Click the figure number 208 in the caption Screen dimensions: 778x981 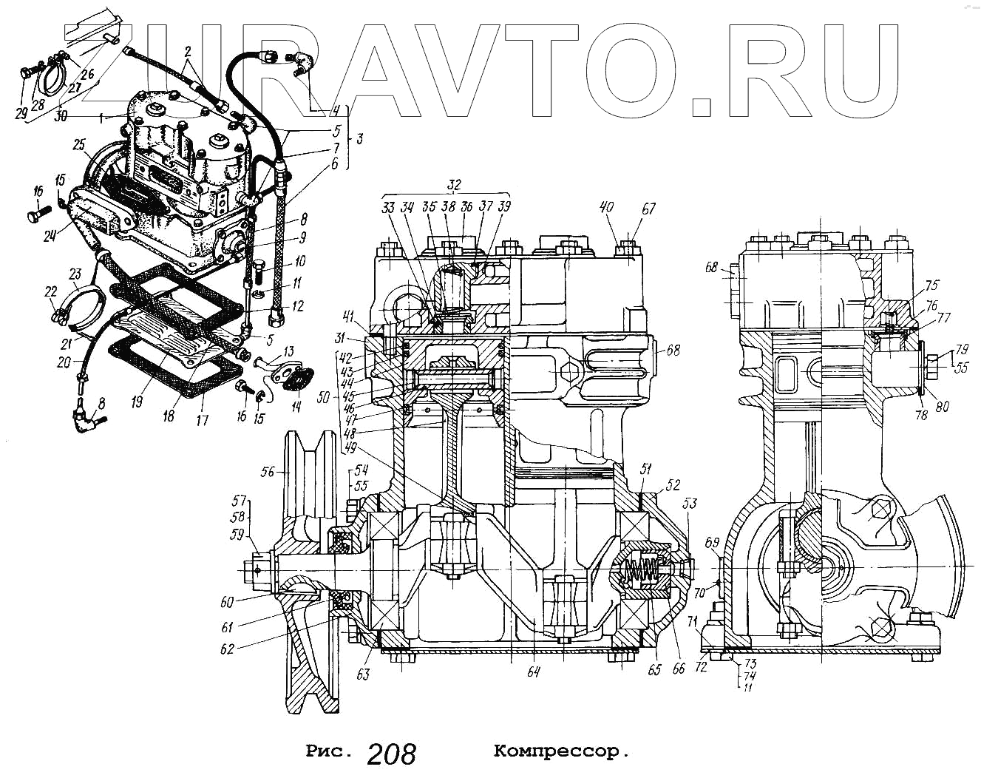click(x=391, y=754)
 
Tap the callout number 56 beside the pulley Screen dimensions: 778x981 click(x=268, y=471)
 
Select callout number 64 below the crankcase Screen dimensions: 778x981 click(x=534, y=672)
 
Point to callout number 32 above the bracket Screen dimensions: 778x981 click(x=454, y=185)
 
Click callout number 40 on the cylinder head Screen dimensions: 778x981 click(x=606, y=209)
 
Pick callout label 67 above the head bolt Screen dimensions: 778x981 click(x=648, y=209)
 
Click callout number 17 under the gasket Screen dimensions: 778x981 click(x=202, y=420)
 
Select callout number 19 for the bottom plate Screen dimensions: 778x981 click(x=136, y=402)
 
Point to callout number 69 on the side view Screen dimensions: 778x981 click(x=712, y=544)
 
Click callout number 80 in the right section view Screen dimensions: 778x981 click(x=942, y=406)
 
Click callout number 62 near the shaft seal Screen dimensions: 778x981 click(x=227, y=649)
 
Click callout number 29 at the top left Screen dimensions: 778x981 click(x=21, y=113)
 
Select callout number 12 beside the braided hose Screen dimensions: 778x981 click(x=297, y=306)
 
